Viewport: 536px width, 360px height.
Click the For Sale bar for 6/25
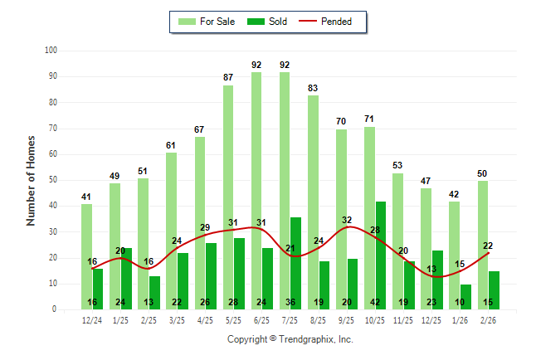pyautogui.click(x=256, y=191)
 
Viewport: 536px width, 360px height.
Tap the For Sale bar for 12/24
pyautogui.click(x=86, y=256)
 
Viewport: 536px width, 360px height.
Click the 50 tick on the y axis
pyautogui.click(x=52, y=180)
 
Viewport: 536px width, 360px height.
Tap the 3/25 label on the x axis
pyautogui.click(x=177, y=320)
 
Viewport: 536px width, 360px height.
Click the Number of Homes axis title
pyautogui.click(x=31, y=180)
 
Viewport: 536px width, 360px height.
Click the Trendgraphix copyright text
pyautogui.click(x=290, y=339)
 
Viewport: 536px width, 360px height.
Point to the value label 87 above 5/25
pyautogui.click(x=227, y=77)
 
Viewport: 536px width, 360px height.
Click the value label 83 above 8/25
pyautogui.click(x=313, y=87)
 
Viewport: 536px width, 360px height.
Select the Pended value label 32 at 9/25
pyautogui.click(x=347, y=220)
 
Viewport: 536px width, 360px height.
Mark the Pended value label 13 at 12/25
pyautogui.click(x=431, y=269)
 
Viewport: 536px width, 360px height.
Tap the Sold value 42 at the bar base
pyautogui.click(x=375, y=303)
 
